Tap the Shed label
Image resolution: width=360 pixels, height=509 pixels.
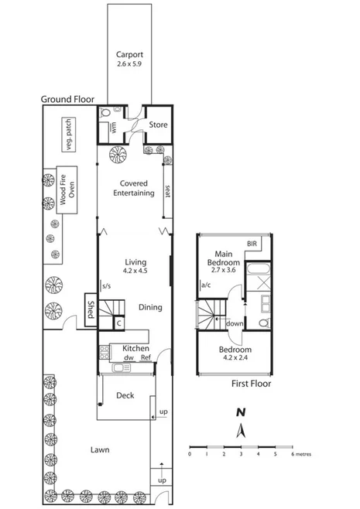(91, 307)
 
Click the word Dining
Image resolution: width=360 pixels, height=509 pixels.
(149, 307)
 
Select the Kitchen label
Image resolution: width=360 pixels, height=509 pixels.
(136, 349)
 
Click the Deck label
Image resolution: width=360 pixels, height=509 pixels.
(125, 395)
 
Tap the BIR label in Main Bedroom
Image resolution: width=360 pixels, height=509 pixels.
(252, 244)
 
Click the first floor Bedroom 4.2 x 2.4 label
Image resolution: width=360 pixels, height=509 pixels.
(234, 354)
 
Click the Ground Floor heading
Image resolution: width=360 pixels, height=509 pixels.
(68, 99)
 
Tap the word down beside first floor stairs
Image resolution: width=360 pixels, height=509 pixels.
(233, 323)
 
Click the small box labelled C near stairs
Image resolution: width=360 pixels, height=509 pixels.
(119, 324)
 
